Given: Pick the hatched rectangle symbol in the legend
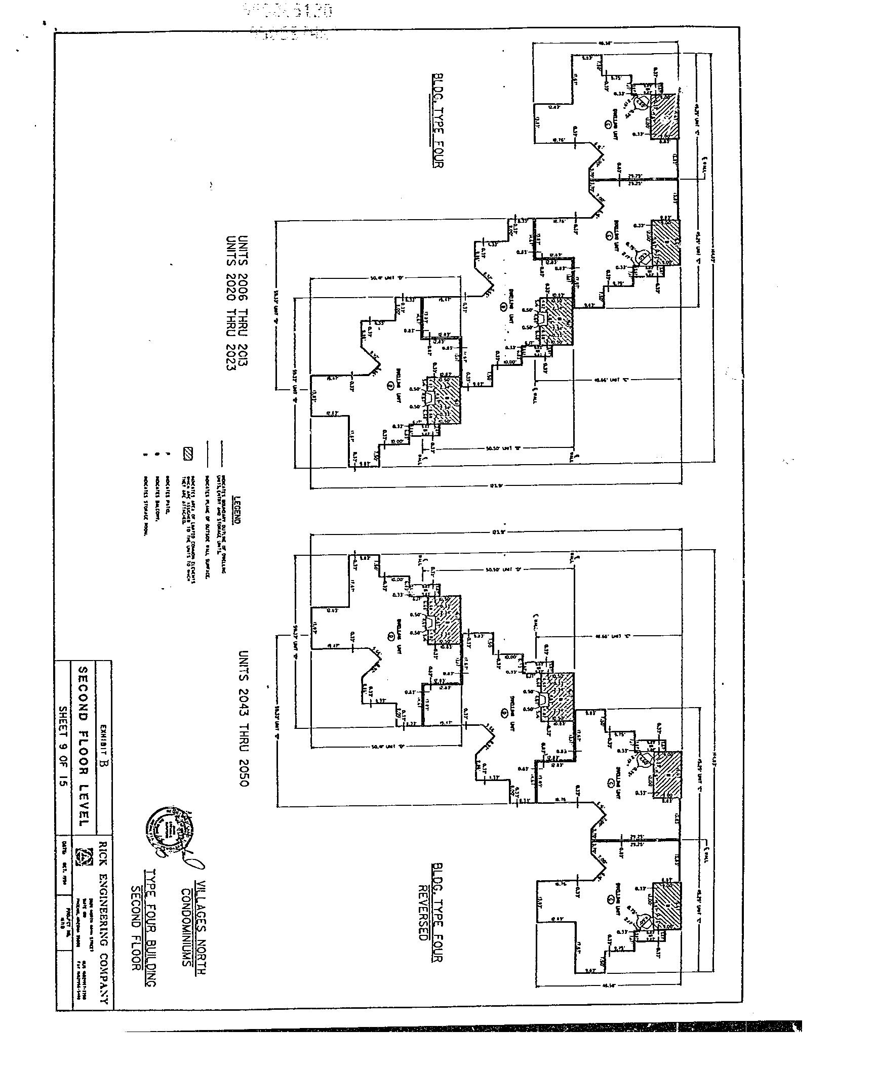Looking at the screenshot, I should [x=188, y=454].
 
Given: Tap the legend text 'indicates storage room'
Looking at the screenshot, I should [x=145, y=506].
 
